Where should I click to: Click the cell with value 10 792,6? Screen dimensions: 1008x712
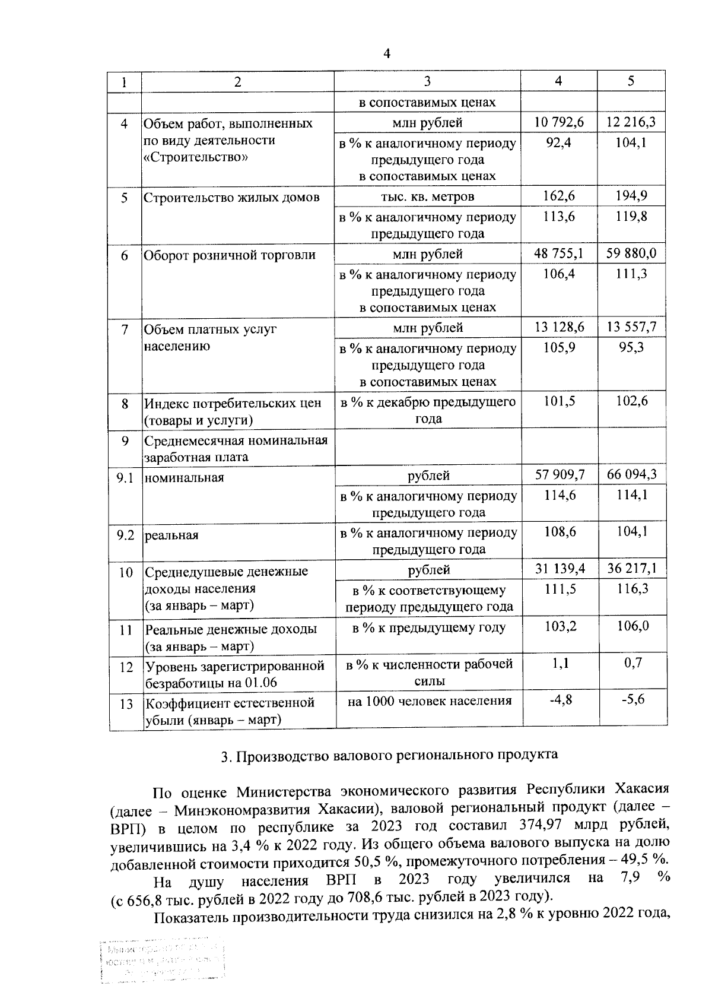point(558,122)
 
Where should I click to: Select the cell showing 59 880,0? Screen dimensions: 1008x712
point(631,253)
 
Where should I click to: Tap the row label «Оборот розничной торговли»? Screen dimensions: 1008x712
point(230,255)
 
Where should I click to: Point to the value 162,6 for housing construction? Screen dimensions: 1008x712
point(558,196)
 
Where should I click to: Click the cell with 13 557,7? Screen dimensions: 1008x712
point(631,327)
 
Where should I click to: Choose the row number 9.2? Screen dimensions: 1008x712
point(125,535)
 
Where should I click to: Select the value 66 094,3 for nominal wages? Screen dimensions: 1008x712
point(631,474)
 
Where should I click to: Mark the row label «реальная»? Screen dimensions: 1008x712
point(171,535)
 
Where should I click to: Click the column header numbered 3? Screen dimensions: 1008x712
point(427,81)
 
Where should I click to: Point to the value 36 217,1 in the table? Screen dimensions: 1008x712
point(631,569)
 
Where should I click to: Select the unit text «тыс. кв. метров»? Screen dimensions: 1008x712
point(427,196)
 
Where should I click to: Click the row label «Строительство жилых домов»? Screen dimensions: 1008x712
point(232,198)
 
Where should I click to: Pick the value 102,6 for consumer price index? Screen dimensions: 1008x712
point(631,401)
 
